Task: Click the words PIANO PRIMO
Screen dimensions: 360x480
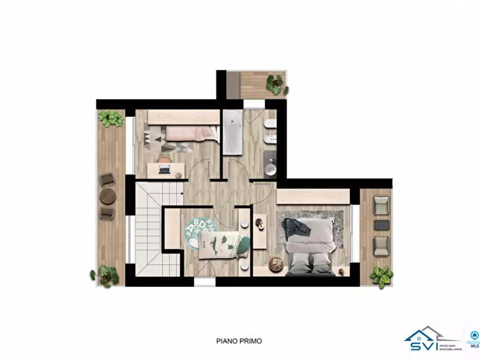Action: [x=239, y=340]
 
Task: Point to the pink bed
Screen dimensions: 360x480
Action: [x=191, y=133]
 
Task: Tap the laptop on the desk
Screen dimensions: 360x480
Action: [x=164, y=170]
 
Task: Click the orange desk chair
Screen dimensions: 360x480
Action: [x=164, y=160]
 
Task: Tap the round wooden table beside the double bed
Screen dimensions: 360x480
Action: [x=276, y=263]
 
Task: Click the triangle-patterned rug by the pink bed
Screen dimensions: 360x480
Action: [x=156, y=138]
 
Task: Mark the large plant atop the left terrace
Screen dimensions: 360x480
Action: [x=111, y=118]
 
